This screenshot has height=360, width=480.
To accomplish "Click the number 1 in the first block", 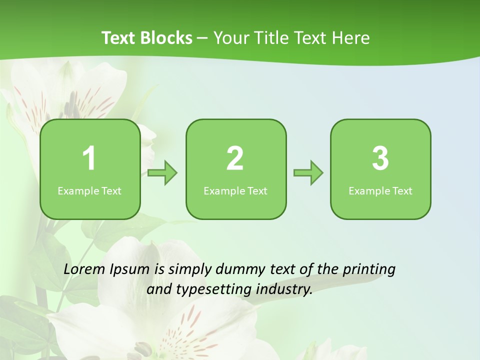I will [x=89, y=158].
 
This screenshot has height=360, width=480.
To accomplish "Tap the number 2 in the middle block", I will [x=235, y=158].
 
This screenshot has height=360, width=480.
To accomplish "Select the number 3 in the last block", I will [x=380, y=158].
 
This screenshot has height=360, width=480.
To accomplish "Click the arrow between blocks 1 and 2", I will [x=162, y=173].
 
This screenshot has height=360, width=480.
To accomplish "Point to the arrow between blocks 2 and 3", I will [x=308, y=173].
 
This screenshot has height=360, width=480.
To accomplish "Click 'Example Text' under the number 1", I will [x=89, y=191].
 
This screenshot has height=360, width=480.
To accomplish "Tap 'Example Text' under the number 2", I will [x=235, y=191].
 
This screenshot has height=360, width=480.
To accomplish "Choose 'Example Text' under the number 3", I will [x=380, y=191].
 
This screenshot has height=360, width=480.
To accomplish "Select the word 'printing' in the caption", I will [x=369, y=270].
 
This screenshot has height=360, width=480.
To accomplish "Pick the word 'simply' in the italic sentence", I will [x=190, y=270].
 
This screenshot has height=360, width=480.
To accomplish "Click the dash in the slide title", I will [x=203, y=38].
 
